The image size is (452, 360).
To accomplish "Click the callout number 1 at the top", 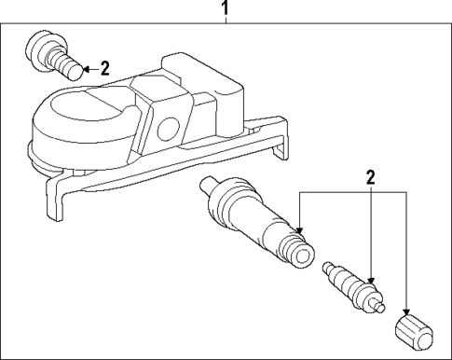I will coord(224,9).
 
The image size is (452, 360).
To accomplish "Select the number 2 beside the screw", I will coord(104,67).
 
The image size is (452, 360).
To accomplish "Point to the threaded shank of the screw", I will coord(66,64).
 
